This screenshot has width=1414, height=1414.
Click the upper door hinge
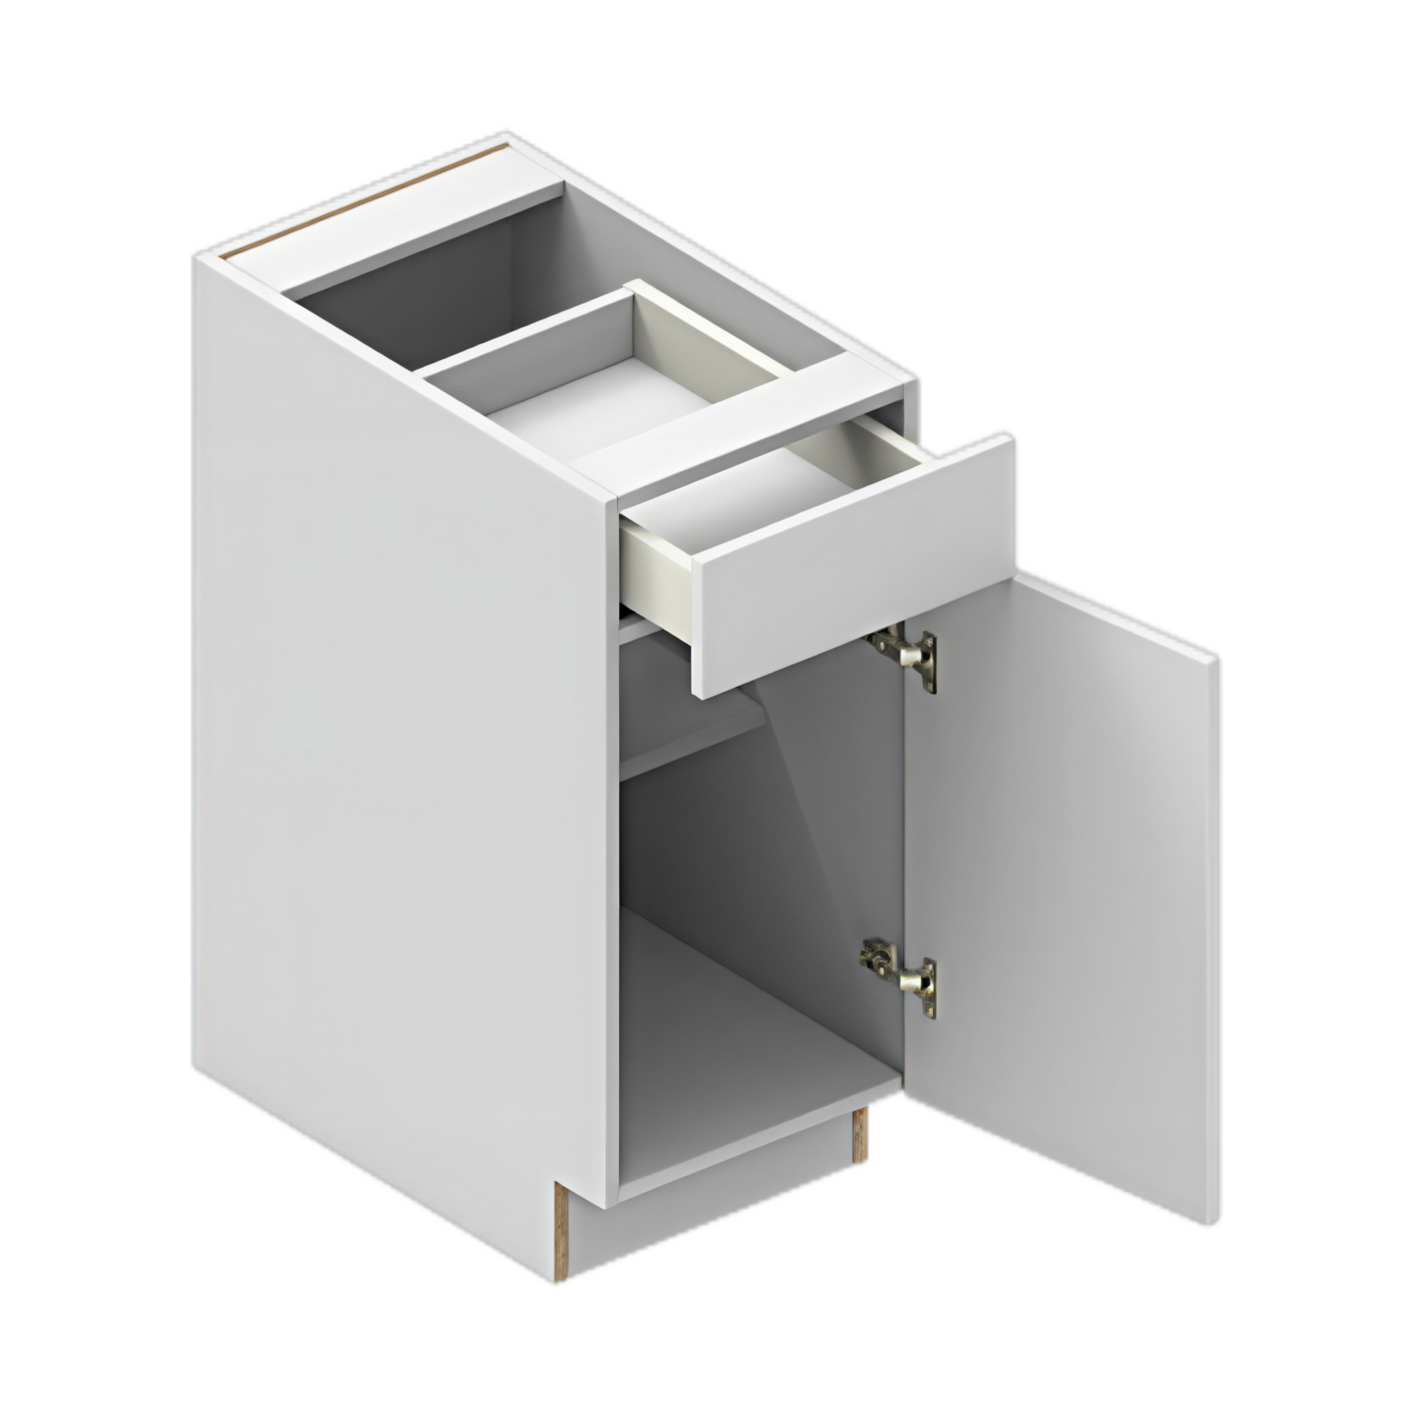[905, 657]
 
